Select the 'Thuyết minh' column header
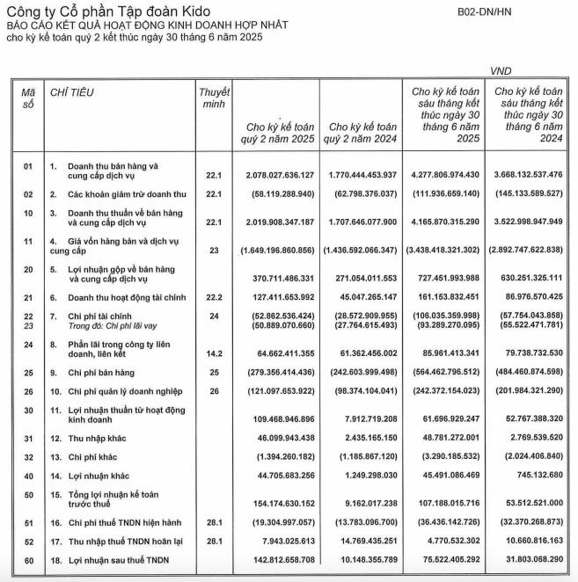214,98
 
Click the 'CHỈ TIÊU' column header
72,91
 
